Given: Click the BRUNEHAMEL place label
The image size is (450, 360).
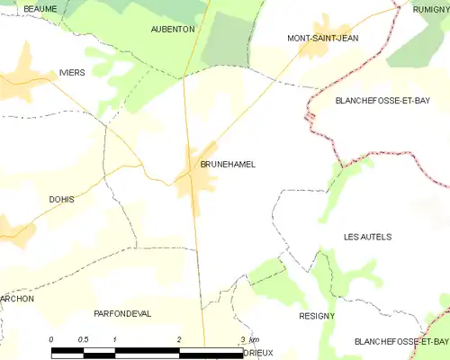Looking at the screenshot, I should click(228, 165).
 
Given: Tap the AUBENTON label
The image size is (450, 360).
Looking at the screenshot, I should click(172, 30).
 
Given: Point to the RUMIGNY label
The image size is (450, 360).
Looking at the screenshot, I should click(431, 8).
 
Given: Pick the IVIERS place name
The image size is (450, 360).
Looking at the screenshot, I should click(71, 72).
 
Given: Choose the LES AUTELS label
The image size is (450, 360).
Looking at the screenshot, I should click(367, 237).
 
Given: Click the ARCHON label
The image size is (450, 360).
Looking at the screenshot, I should click(16, 298).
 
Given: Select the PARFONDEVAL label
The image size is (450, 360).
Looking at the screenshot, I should click(122, 313).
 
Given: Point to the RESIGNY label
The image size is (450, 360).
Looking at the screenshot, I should click(316, 316).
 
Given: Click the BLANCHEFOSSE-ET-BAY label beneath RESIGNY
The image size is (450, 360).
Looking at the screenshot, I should click(400, 342).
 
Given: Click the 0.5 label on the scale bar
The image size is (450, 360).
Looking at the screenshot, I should click(83, 338).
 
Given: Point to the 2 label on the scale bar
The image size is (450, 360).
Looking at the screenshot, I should click(179, 338).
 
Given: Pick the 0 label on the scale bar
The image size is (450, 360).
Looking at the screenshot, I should click(51, 338).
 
